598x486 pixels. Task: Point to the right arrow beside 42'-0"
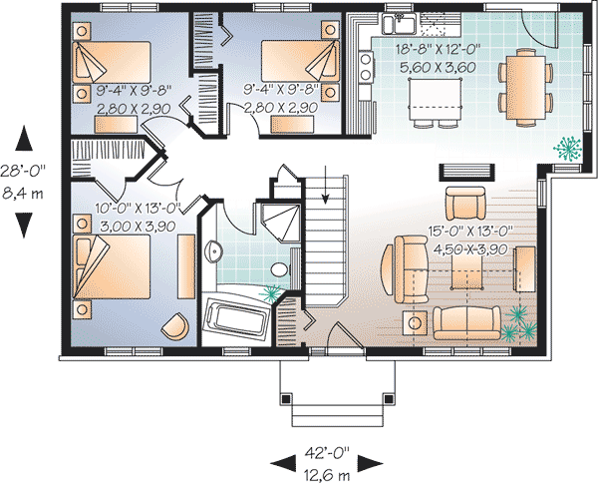coord(371,461)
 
